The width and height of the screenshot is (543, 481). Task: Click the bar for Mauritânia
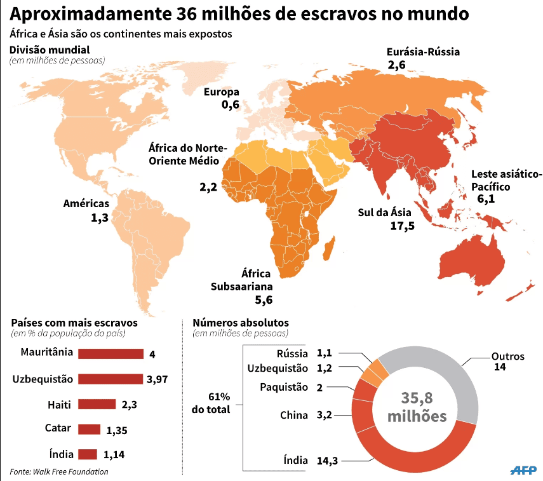coord(111,354)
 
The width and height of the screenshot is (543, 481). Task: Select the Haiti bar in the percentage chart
coord(97,404)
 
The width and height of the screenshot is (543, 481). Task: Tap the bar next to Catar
coord(90,430)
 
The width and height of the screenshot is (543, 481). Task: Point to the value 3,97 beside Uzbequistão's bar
coord(158,379)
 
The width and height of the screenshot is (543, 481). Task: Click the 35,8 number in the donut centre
coord(417,398)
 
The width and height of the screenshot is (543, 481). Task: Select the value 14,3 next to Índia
coord(327,461)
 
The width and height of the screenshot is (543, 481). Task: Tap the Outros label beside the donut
coord(507,356)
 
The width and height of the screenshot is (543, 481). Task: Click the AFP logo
coord(523,470)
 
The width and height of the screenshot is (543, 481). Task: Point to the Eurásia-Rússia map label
coord(423,52)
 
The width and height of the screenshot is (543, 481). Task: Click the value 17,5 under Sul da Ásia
coord(403,226)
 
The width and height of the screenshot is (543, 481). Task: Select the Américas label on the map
coord(86,203)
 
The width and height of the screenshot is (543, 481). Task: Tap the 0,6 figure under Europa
coord(231,104)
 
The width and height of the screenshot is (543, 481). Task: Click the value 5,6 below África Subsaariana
coord(264,300)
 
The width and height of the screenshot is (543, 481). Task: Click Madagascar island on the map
coord(329,247)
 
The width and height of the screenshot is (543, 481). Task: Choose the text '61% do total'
coord(211,403)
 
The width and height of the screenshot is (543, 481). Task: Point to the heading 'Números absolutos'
coord(241,323)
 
